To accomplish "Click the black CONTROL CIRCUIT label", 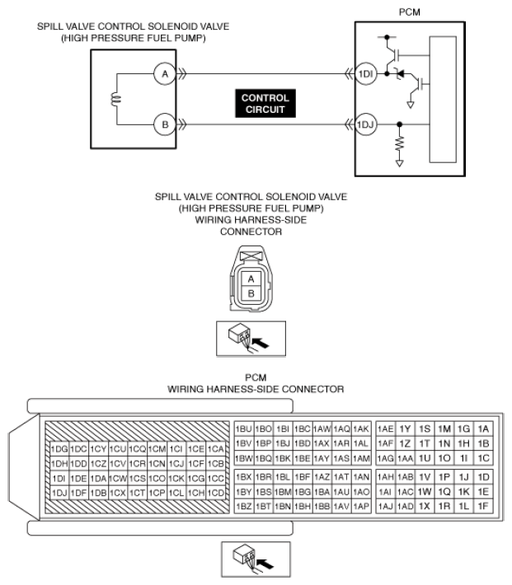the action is (265, 103).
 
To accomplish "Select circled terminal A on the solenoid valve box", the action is (165, 74).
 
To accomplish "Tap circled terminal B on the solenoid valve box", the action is (165, 124).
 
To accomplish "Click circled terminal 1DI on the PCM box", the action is (365, 74).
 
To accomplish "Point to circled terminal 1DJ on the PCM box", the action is (365, 124).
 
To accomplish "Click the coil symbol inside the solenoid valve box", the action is (116, 99).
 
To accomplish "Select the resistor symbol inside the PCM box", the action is (400, 143).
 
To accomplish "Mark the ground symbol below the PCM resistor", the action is (400, 163).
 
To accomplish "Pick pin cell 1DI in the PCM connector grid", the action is (59, 478).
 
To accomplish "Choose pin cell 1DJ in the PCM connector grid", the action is (59, 493).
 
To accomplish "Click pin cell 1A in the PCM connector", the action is (483, 428).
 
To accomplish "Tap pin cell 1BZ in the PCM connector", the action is (244, 506).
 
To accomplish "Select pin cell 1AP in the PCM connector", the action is (361, 506).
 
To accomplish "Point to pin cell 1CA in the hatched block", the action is (215, 449).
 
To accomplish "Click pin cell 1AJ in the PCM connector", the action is (385, 506).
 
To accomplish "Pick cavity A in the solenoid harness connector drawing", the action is (251, 278).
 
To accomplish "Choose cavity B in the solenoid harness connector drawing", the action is (251, 293).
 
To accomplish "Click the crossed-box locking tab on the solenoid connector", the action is (251, 256).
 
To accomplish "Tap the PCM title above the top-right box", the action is (409, 12).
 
